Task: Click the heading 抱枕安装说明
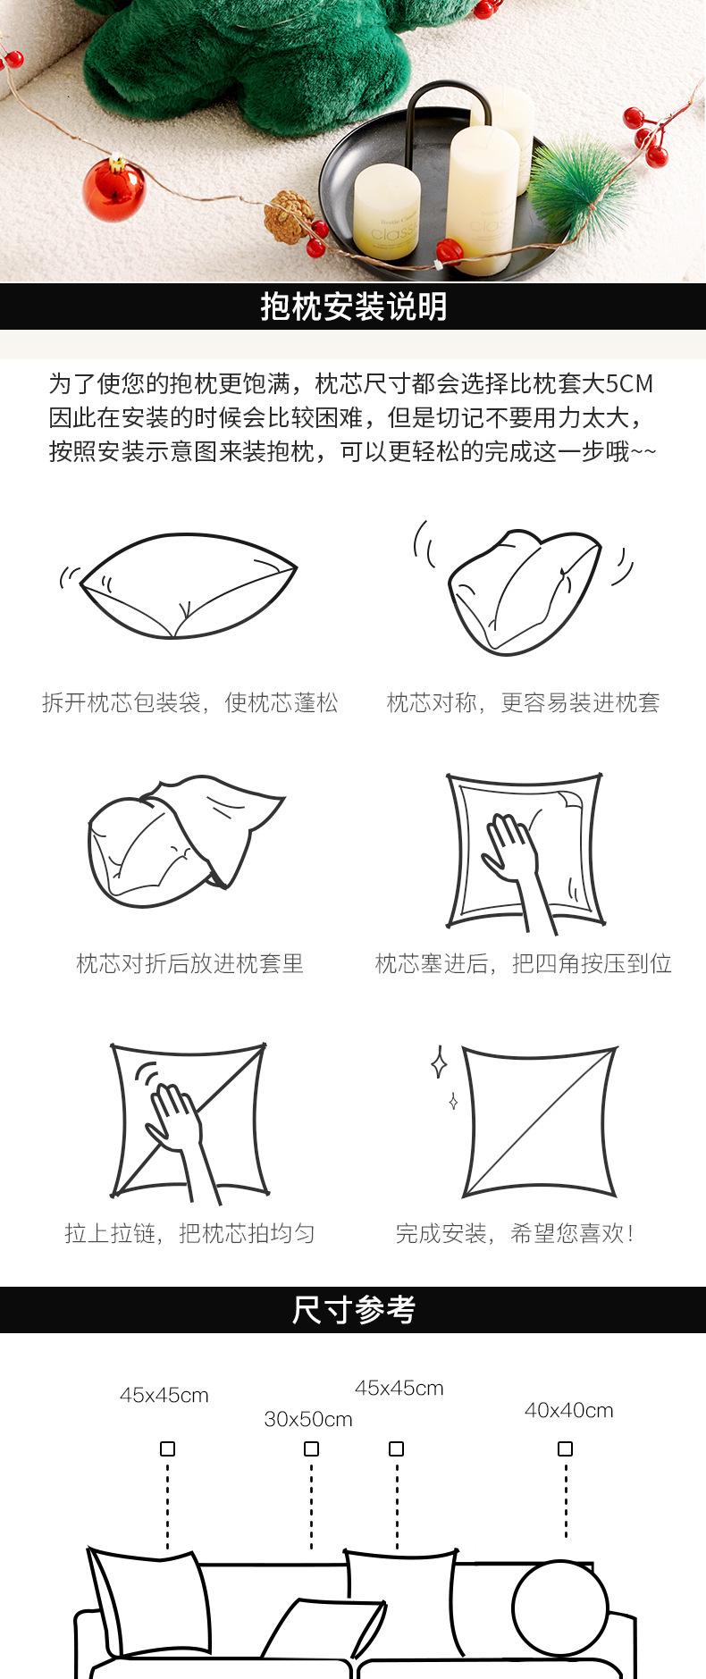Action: (353, 306)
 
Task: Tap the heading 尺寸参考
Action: (353, 1310)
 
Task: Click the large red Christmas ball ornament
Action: (113, 189)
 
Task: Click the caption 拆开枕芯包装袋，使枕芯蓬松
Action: (189, 702)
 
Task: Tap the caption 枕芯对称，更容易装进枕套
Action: (523, 702)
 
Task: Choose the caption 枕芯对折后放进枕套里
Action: (189, 963)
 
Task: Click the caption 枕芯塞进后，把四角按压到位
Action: (523, 963)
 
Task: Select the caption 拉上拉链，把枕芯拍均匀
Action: (189, 1234)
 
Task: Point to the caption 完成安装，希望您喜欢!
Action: (516, 1234)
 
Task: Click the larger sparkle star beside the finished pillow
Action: (439, 1061)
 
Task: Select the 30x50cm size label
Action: (308, 1419)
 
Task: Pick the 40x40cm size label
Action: (568, 1410)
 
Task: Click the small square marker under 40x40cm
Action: (565, 1448)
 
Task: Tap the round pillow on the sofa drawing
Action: (559, 1608)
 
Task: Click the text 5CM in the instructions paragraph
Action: (629, 384)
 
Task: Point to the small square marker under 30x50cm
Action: (311, 1448)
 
